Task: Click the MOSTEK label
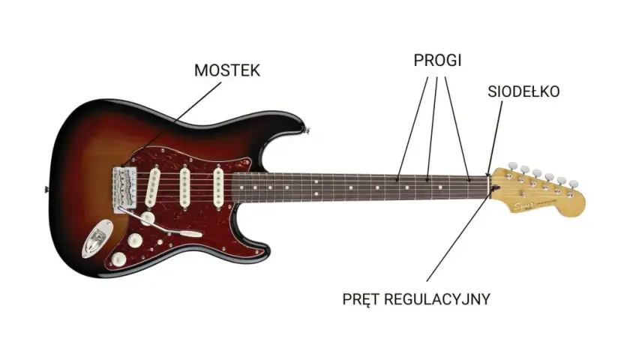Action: tap(227, 70)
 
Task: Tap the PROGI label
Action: tap(437, 60)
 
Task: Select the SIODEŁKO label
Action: tap(523, 91)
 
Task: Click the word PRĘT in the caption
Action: tap(358, 299)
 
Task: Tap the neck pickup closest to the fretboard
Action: tap(217, 188)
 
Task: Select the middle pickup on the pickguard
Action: tap(184, 187)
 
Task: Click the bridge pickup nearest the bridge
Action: tap(153, 187)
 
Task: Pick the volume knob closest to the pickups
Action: tap(148, 218)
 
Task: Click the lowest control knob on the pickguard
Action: tap(118, 259)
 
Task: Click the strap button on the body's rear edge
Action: tap(46, 189)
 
